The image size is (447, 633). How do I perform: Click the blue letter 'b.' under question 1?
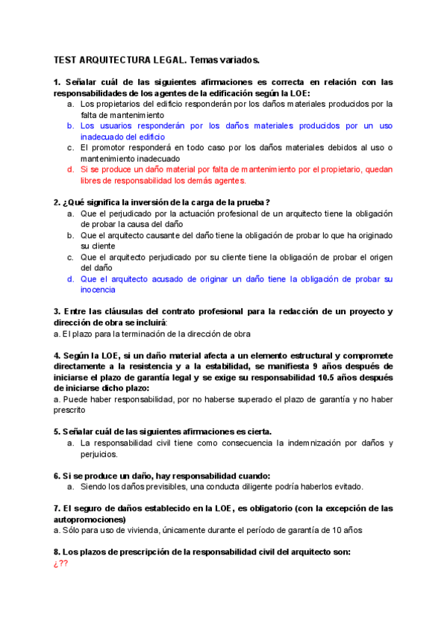click(x=70, y=126)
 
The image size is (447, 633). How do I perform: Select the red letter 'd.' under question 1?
click(x=70, y=169)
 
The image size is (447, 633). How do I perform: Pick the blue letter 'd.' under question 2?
click(x=70, y=278)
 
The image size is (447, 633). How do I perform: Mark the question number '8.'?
click(x=57, y=552)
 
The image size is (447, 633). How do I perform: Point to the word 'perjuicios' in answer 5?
click(x=100, y=454)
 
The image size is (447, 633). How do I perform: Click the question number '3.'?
click(x=57, y=311)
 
